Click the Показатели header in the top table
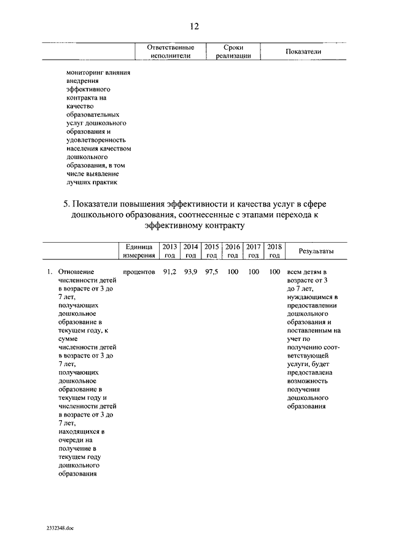303,52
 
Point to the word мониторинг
85,72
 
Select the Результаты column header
316,251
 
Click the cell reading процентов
138,271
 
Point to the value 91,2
169,271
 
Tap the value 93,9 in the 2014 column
190,271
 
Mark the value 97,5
211,271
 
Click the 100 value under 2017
254,271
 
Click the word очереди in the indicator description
72,440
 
